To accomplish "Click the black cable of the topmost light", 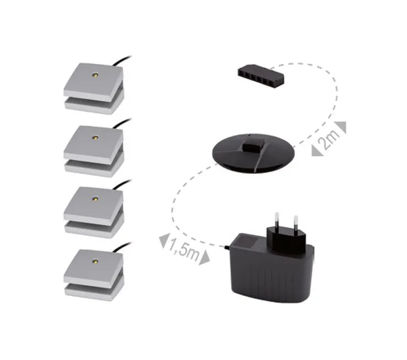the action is [x=122, y=60].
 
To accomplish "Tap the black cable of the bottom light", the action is [x=122, y=247].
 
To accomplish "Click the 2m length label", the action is [x=328, y=139].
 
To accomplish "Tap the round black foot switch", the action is [x=254, y=153].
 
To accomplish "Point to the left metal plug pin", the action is [x=277, y=220].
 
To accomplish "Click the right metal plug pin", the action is [x=295, y=223].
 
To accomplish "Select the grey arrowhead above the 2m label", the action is [x=340, y=127].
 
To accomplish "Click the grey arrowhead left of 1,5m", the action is [x=163, y=240].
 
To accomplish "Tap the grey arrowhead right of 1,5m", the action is [x=204, y=258].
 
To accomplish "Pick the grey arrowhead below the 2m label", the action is [x=317, y=151].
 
